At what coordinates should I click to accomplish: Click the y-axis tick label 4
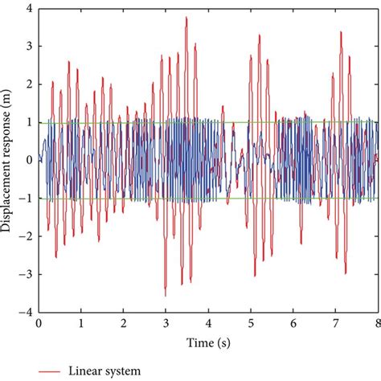[x=29, y=8]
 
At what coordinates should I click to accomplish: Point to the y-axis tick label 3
[x=29, y=46]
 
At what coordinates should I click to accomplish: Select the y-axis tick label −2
[x=27, y=236]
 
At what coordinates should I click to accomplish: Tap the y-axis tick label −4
[x=27, y=312]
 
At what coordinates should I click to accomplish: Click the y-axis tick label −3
[x=27, y=274]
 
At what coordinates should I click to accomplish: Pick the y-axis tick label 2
[x=29, y=84]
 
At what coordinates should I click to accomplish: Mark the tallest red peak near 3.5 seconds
[x=186, y=17]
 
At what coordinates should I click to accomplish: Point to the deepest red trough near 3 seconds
[x=165, y=296]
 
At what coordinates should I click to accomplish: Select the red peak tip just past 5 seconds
[x=260, y=35]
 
